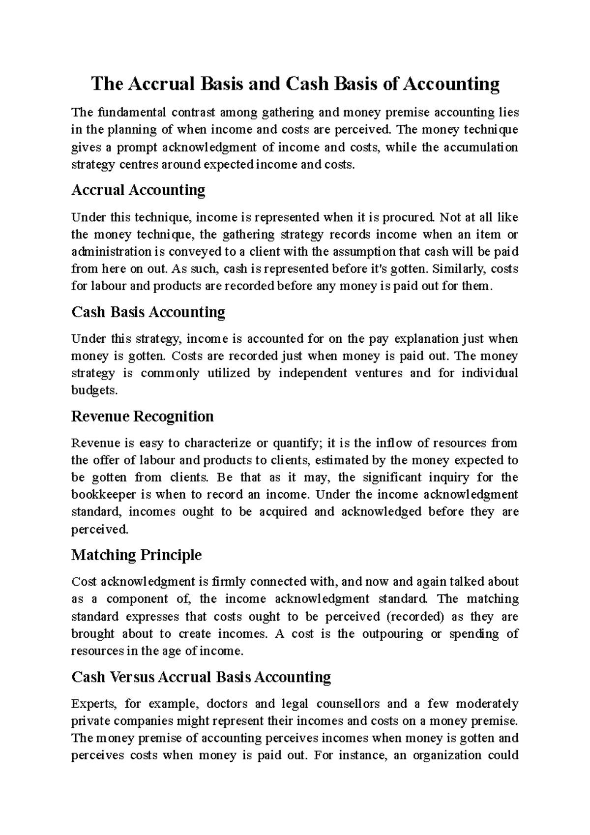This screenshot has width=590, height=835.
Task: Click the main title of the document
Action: coord(295,84)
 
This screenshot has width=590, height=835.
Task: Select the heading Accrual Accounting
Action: coord(138,190)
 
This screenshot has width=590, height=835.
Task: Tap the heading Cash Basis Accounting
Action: coord(148,312)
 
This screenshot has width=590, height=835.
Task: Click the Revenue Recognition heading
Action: coord(142,417)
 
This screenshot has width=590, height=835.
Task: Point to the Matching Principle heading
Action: coord(136,555)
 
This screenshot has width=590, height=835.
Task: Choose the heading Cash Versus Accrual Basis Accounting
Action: coord(201,677)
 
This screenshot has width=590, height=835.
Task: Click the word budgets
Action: coord(94,390)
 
